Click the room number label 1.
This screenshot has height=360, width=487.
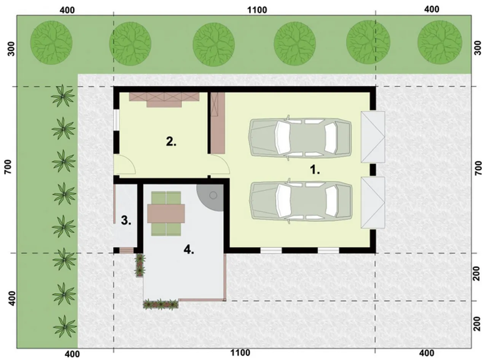(315, 170)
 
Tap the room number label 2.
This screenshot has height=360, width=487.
(171, 142)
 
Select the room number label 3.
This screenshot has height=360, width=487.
(126, 220)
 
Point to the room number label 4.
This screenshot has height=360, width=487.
(189, 250)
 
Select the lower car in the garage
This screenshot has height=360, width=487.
(300, 202)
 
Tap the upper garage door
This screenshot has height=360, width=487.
(373, 137)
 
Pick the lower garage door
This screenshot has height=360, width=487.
(373, 202)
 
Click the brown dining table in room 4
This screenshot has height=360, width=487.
(166, 213)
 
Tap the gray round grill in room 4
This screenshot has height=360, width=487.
(211, 197)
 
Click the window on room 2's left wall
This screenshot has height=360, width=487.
(116, 120)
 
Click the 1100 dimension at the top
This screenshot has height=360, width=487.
(257, 10)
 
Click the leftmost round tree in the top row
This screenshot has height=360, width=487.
(51, 43)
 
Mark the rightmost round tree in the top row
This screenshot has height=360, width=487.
(439, 42)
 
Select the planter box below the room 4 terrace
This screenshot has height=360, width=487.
(161, 304)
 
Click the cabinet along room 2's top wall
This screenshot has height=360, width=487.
(164, 99)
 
